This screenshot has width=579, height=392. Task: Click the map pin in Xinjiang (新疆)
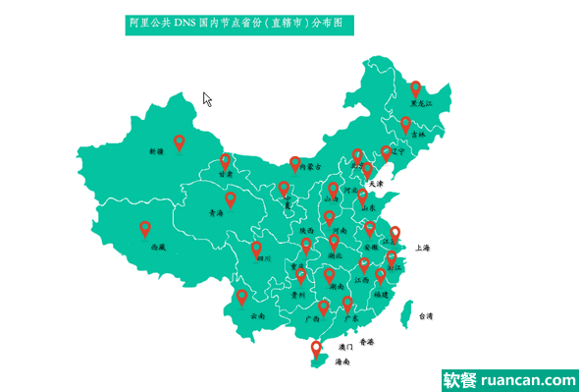click(180, 142)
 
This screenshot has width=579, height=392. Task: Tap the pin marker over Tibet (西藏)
click(145, 229)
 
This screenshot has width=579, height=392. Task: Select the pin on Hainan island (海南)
click(316, 348)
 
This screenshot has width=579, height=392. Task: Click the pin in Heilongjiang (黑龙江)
click(416, 88)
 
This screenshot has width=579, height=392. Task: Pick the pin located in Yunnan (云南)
click(241, 297)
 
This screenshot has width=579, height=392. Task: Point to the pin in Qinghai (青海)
click(231, 199)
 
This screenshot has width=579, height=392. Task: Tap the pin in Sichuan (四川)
click(257, 249)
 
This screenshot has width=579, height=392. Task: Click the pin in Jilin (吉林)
click(405, 125)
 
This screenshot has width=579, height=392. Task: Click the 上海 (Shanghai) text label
click(424, 249)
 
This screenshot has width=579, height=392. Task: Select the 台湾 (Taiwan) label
click(426, 316)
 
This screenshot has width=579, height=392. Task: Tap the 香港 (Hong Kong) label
click(367, 342)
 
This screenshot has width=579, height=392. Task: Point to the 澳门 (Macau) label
click(345, 347)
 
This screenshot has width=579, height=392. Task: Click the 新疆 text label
click(156, 152)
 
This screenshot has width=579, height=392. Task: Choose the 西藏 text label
click(158, 249)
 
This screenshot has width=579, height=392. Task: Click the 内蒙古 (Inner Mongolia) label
click(311, 167)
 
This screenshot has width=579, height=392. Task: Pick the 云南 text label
click(258, 316)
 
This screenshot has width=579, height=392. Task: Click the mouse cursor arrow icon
click(207, 98)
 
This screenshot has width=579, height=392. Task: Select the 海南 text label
click(342, 362)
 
